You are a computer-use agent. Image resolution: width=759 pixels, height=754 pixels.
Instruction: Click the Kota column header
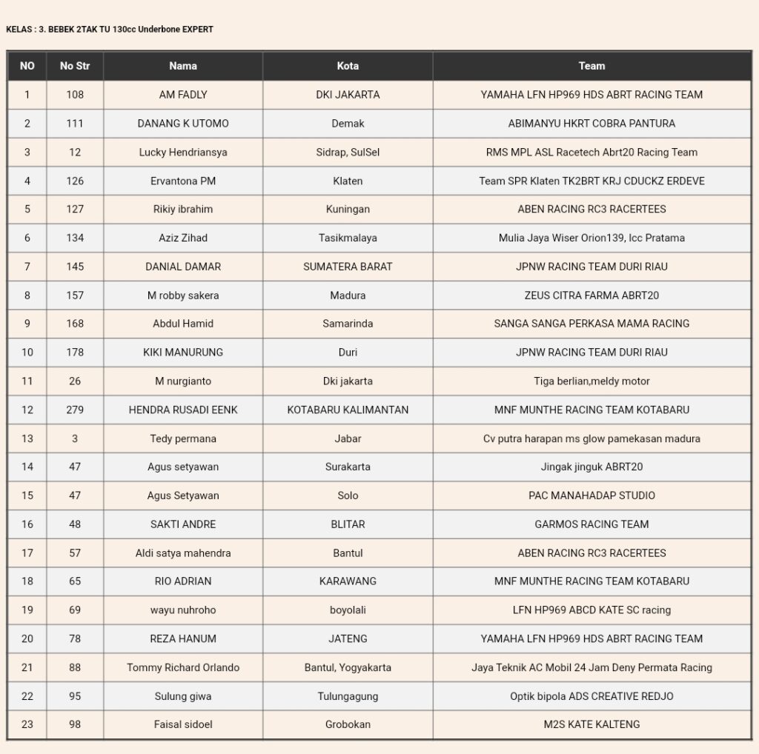[348, 66]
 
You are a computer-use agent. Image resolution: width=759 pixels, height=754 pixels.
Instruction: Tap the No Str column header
[75, 66]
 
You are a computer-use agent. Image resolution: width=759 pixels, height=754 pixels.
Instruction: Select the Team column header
[591, 66]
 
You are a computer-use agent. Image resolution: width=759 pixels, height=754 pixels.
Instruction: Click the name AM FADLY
[183, 95]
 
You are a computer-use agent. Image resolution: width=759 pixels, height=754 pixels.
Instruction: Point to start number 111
[75, 124]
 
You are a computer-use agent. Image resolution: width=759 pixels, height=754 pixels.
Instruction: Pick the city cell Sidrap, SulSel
[348, 153]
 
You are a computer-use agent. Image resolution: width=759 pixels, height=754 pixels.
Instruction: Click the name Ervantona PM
[183, 181]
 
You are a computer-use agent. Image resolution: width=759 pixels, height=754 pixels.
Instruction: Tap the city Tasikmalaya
[348, 238]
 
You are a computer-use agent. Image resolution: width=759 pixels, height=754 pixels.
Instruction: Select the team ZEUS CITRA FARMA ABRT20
[591, 296]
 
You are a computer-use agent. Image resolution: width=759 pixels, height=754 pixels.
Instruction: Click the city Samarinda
[348, 324]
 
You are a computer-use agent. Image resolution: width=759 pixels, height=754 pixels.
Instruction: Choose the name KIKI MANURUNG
[183, 353]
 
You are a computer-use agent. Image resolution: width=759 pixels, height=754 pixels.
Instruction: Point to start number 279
[75, 410]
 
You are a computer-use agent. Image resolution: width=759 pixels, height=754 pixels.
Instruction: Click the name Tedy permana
[183, 438]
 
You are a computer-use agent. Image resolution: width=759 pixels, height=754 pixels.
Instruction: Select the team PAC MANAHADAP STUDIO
[591, 496]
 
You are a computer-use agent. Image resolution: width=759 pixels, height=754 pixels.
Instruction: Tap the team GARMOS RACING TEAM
[591, 524]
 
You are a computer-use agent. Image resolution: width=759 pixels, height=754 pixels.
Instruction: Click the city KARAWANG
[348, 581]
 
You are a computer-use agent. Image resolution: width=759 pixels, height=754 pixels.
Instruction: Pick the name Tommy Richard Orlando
[183, 667]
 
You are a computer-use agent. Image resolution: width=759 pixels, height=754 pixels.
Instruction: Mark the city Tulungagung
[348, 696]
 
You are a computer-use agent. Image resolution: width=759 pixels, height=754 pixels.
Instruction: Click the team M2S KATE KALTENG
[591, 724]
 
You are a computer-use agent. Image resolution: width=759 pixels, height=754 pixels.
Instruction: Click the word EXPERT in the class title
[195, 30]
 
